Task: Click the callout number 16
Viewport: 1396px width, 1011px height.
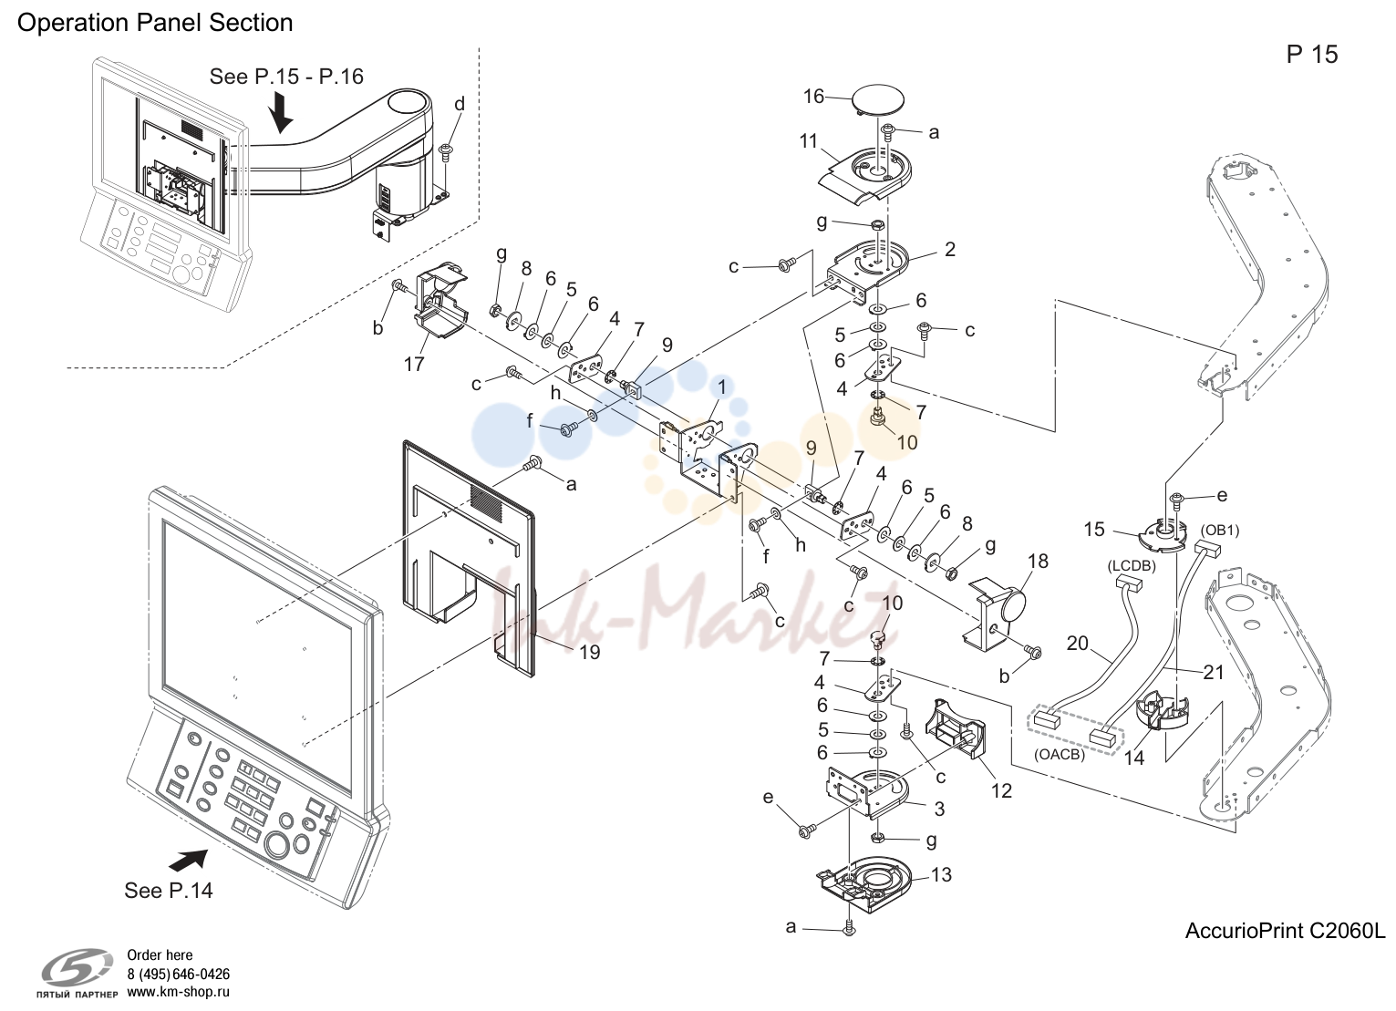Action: point(813,97)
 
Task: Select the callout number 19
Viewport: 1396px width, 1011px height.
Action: point(590,652)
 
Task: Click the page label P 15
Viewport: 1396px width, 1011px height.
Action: point(1312,55)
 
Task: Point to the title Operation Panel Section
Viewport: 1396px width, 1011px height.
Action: point(155,23)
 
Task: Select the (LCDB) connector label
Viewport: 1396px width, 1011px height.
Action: point(1132,566)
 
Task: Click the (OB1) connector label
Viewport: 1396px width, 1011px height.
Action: point(1220,530)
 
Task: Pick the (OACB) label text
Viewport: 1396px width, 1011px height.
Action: point(1060,755)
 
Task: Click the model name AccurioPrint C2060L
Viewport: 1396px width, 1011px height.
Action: point(1285,932)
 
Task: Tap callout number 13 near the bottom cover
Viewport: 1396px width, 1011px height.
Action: point(941,875)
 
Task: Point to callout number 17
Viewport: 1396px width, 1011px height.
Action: point(414,365)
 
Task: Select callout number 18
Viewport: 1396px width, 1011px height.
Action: point(1038,562)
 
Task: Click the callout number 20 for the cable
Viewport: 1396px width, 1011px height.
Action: point(1077,643)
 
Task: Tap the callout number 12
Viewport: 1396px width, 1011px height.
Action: point(1001,791)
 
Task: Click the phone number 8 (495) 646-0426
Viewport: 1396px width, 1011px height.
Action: point(178,975)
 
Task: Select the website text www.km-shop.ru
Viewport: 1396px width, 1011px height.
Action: point(178,993)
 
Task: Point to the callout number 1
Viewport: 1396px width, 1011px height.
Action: point(721,388)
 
